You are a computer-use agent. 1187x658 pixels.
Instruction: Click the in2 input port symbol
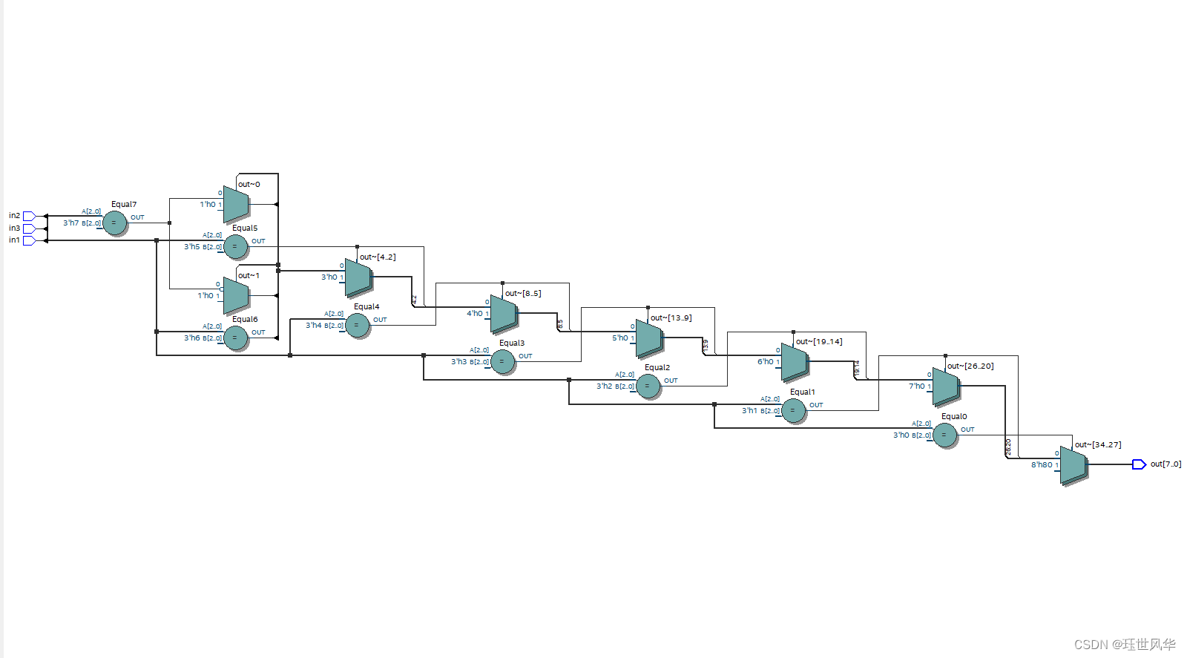(x=29, y=216)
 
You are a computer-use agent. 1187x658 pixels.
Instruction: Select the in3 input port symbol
(x=29, y=228)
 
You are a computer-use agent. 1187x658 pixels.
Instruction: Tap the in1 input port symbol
(x=29, y=240)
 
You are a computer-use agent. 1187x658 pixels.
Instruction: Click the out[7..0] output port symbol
(x=1139, y=464)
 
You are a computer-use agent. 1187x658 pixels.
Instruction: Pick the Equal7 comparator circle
(x=114, y=223)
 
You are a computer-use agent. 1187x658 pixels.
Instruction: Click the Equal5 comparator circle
(x=236, y=246)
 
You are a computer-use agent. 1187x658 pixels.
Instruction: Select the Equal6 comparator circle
(x=236, y=338)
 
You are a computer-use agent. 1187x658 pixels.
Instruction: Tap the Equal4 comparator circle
(x=358, y=325)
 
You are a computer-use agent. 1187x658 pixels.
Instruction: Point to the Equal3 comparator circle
(x=502, y=361)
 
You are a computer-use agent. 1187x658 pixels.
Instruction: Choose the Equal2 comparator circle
(x=648, y=386)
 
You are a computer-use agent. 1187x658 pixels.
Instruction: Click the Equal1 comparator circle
(x=793, y=410)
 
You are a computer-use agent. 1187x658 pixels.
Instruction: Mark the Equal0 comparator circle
(x=944, y=435)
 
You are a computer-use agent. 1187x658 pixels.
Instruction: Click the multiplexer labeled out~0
(x=236, y=204)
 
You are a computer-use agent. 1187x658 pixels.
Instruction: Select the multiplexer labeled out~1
(x=236, y=295)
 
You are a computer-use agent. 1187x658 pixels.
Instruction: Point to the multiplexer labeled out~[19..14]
(x=794, y=362)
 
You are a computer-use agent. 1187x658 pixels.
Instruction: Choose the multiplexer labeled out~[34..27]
(x=1073, y=464)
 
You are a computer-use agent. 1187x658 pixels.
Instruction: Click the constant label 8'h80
(x=1042, y=465)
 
